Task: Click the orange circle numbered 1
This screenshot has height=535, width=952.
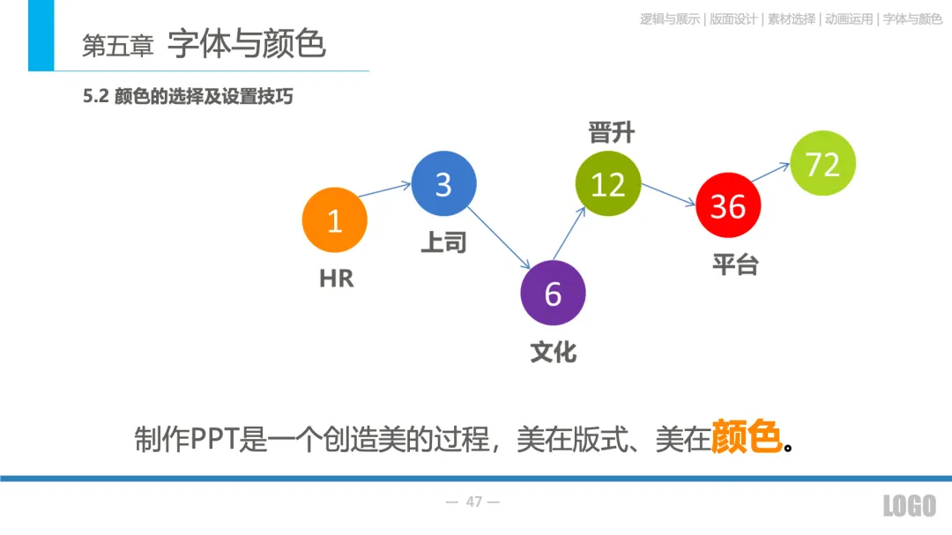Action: [x=334, y=220]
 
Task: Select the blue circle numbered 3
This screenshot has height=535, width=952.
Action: [x=443, y=184]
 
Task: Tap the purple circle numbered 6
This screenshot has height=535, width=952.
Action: [x=553, y=294]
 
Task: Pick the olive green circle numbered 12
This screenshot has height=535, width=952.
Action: [x=607, y=184]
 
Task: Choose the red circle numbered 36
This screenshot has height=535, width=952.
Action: [x=728, y=205]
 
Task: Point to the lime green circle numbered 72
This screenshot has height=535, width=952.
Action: [x=823, y=163]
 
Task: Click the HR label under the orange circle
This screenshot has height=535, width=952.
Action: [x=336, y=279]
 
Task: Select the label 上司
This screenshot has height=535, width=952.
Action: [x=443, y=242]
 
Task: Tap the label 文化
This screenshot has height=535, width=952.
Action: [x=554, y=352]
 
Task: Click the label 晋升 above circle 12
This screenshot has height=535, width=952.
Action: [x=611, y=133]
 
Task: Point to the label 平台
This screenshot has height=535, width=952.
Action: [x=734, y=264]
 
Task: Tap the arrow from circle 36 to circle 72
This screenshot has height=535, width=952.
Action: [x=770, y=175]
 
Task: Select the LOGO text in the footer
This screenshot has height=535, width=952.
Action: [x=910, y=505]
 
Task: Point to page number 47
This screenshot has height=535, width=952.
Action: [x=473, y=502]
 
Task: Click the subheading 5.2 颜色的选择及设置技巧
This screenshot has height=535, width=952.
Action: [x=188, y=97]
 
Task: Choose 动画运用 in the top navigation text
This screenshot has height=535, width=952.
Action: [x=848, y=19]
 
